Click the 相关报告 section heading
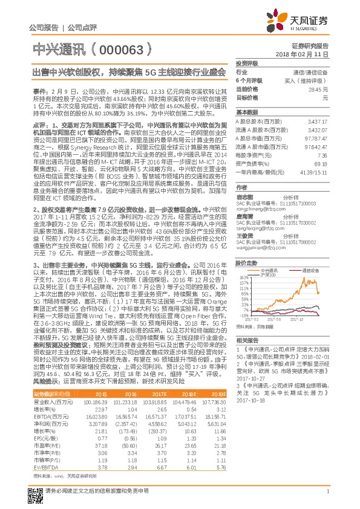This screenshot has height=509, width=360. click(x=247, y=341)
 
